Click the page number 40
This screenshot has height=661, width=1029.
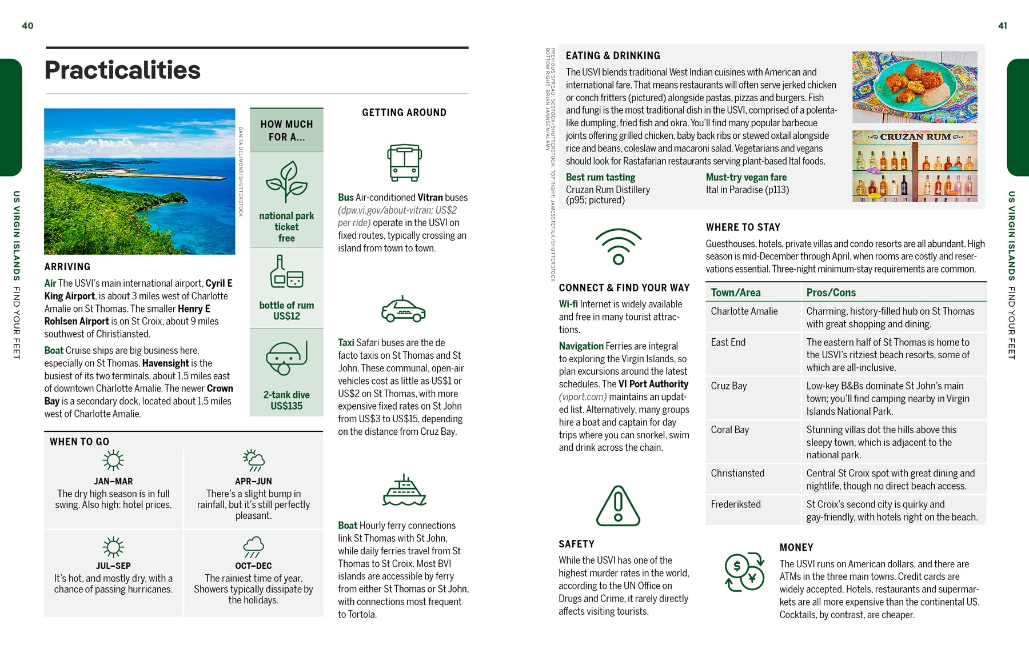pyautogui.click(x=27, y=26)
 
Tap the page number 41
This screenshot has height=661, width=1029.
pyautogui.click(x=1002, y=26)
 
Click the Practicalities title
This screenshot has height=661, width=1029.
pyautogui.click(x=122, y=70)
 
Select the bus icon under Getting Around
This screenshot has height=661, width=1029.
pyautogui.click(x=404, y=163)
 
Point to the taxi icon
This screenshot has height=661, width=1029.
pyautogui.click(x=404, y=310)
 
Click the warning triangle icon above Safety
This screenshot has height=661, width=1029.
pyautogui.click(x=618, y=506)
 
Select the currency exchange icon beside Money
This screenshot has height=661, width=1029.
pyautogui.click(x=744, y=571)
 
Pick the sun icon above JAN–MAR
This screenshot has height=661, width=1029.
pyautogui.click(x=113, y=460)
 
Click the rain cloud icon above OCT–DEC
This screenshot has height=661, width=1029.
pyautogui.click(x=253, y=547)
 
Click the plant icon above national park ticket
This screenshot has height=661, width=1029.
pyautogui.click(x=286, y=182)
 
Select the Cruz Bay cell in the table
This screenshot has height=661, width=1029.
pyautogui.click(x=729, y=386)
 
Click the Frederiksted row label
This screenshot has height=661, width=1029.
pyautogui.click(x=736, y=504)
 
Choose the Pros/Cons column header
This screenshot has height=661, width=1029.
pyautogui.click(x=831, y=293)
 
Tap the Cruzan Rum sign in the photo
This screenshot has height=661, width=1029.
pyautogui.click(x=915, y=137)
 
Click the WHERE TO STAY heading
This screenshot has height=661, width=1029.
pyautogui.click(x=743, y=227)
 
